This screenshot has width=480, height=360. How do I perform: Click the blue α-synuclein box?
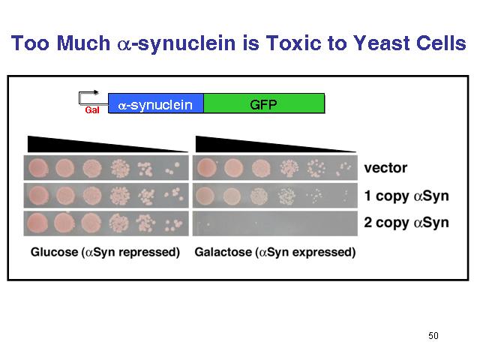click(x=156, y=103)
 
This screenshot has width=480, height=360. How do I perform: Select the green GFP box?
click(x=264, y=103)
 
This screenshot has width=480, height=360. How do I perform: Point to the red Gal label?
click(x=92, y=110)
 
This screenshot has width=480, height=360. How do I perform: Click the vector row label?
click(x=385, y=168)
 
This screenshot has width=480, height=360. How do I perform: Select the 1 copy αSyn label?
click(x=406, y=196)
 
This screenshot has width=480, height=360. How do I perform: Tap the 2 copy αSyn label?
click(x=406, y=223)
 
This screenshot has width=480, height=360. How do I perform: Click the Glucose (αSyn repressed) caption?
click(x=105, y=252)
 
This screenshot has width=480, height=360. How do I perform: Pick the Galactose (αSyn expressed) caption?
click(x=275, y=252)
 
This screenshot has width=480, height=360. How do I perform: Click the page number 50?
click(x=433, y=336)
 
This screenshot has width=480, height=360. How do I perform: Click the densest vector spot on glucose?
click(x=38, y=168)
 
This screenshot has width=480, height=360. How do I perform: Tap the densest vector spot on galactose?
click(x=207, y=168)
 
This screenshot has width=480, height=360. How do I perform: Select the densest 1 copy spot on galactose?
click(x=205, y=196)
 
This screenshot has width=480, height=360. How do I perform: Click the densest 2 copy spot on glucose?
click(x=37, y=223)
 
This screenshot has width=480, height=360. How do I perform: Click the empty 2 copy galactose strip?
click(x=275, y=223)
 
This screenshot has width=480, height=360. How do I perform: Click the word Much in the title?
click(x=83, y=43)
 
